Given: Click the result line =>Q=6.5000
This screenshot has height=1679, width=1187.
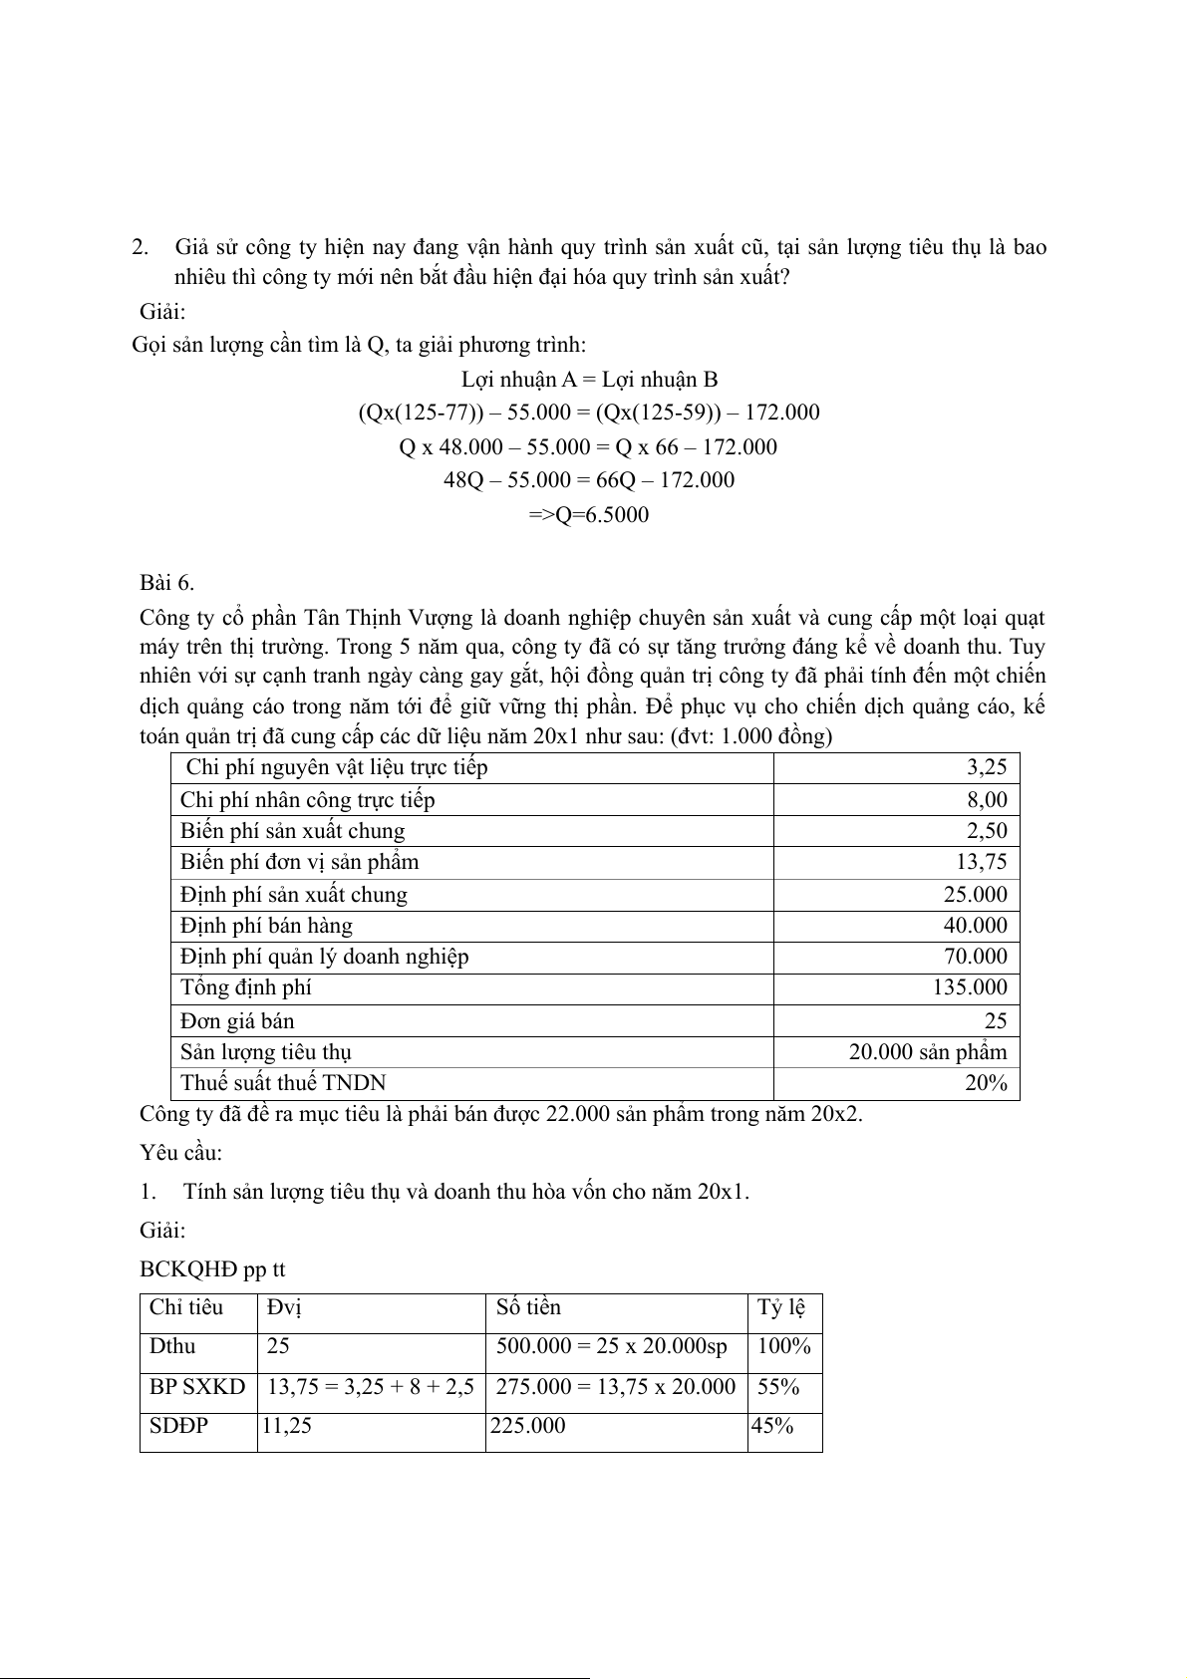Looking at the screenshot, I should click(588, 515).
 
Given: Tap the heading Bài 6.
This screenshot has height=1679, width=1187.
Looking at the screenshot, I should click(167, 583).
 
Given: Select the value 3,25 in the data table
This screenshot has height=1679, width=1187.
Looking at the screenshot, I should click(986, 767).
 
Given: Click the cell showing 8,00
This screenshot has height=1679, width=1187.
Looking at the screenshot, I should click(986, 799).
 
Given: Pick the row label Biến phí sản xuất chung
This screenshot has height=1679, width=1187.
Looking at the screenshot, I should click(293, 831).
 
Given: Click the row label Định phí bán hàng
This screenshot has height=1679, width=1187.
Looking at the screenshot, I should click(266, 926).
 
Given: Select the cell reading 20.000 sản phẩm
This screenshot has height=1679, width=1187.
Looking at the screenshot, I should click(928, 1051).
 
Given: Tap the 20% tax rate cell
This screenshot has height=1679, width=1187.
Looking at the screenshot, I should click(986, 1083).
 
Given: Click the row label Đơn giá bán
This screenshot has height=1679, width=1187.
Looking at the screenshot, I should click(237, 1020).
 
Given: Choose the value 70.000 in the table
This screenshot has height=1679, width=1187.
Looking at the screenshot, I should click(975, 957).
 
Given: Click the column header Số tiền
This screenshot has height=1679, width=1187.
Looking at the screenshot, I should click(529, 1307).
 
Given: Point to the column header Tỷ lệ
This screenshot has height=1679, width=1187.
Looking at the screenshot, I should click(781, 1307).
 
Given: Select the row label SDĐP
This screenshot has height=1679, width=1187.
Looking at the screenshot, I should click(179, 1426).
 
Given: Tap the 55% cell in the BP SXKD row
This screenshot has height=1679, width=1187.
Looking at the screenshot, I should click(778, 1386).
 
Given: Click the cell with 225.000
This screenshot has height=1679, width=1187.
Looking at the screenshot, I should click(528, 1426).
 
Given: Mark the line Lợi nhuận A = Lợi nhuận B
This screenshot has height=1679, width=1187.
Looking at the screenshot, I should click(589, 380).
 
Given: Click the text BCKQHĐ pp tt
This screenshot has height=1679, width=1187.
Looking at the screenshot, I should click(213, 1269).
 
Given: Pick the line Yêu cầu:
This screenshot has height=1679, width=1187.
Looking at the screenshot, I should click(181, 1153).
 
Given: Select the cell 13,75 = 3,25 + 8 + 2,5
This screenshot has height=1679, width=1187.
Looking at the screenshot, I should click(371, 1386).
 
